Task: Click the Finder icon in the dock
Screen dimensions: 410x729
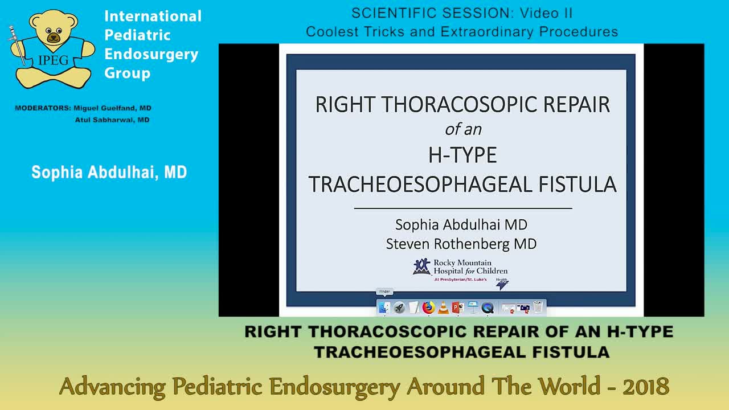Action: point(384,308)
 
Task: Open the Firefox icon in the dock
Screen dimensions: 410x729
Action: point(429,308)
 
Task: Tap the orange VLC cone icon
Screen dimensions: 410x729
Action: point(444,308)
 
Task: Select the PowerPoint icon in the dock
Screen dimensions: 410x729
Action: point(458,308)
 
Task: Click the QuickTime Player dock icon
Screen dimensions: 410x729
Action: point(488,308)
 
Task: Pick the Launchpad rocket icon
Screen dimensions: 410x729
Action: point(399,308)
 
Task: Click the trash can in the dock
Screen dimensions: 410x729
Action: point(538,308)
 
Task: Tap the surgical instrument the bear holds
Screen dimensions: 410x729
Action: point(17,46)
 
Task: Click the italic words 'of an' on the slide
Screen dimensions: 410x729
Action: point(463,129)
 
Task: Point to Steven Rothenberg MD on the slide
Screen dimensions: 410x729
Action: point(461,244)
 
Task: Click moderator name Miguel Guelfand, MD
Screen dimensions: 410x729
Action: point(113,108)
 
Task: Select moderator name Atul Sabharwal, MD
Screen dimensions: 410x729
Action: point(112,120)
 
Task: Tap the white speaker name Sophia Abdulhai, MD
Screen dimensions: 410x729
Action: point(109,173)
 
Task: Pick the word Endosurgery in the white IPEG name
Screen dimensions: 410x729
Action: point(151,54)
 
